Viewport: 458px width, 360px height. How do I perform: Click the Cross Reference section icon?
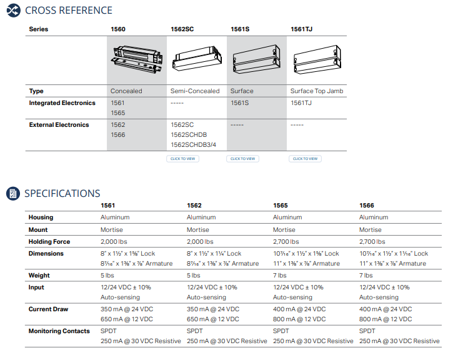13,11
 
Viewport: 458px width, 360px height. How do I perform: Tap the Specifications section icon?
13,193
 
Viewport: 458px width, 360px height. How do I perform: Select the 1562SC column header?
182,29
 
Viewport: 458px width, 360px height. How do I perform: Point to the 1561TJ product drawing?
316,57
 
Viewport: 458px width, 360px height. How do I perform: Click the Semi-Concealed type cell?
195,91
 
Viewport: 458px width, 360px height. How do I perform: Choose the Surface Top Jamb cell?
317,91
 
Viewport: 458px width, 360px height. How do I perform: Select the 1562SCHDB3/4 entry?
193,144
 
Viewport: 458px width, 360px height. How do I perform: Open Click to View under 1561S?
242,159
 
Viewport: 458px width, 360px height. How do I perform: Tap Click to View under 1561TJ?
305,159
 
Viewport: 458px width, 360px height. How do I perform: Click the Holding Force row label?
49,241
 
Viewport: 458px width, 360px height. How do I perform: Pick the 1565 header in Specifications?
281,205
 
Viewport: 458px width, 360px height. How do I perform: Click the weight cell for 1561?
107,275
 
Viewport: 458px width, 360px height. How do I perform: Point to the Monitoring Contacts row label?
59,331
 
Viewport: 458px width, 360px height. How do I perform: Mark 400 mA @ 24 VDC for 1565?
299,309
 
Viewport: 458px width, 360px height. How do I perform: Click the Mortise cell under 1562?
197,229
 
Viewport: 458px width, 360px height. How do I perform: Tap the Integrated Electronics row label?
62,102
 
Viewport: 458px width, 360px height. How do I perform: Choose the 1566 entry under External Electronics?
117,134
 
